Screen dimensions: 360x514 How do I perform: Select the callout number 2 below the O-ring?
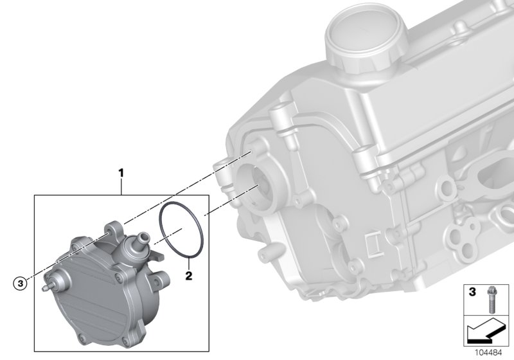188,276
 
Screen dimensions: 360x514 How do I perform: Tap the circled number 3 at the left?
21,282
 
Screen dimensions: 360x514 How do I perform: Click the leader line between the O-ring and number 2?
188,263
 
